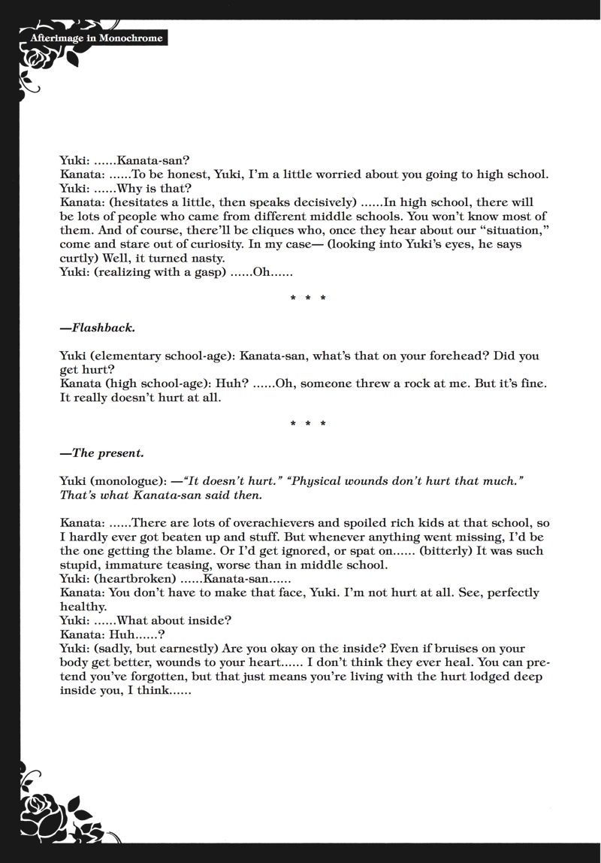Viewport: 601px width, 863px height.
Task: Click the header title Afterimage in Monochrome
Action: tap(96, 38)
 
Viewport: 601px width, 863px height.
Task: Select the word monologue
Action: tap(129, 481)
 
